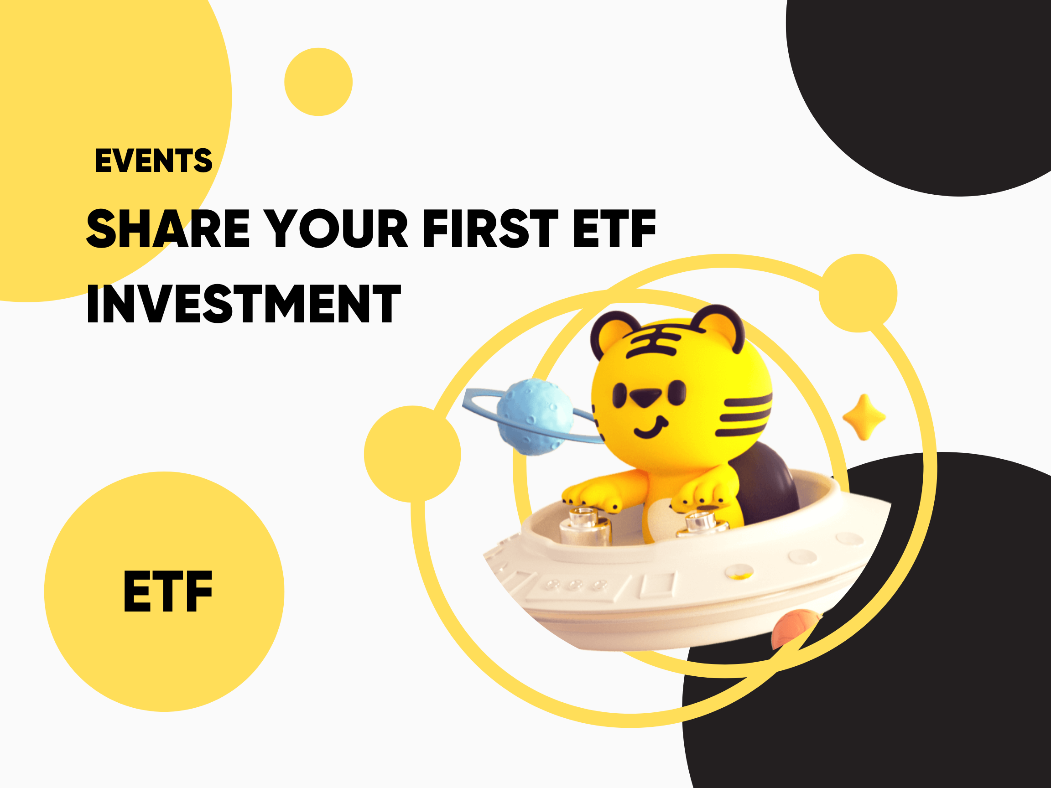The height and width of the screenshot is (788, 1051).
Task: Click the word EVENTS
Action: (x=153, y=160)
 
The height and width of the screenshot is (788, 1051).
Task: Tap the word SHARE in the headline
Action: (x=168, y=228)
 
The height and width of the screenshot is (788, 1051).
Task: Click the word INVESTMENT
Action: (x=244, y=304)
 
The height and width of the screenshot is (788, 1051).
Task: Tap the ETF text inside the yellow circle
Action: (x=168, y=591)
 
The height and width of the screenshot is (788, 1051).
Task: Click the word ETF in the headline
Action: (x=614, y=228)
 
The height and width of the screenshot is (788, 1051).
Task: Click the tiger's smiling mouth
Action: (x=651, y=427)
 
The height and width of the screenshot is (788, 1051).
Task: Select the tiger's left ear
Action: (x=613, y=335)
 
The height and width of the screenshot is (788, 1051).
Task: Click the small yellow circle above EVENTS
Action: (x=318, y=82)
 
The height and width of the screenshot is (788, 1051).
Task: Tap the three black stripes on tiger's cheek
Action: (x=744, y=414)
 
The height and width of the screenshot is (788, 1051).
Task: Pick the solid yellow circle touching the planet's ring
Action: (x=412, y=454)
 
